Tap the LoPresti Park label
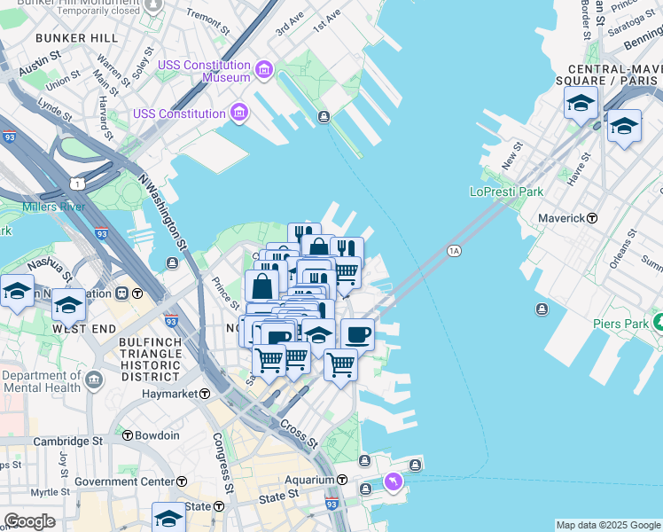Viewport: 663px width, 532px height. pos(506,192)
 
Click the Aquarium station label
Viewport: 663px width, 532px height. pos(309,480)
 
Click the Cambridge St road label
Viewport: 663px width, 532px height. pos(67,441)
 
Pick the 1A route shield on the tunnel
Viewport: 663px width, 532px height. pos(455,252)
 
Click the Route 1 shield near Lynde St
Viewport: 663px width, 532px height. pos(78,183)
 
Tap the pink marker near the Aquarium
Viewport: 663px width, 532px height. pos(393,481)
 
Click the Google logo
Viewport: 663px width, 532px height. pos(29,521)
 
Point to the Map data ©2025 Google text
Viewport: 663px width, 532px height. pos(608,525)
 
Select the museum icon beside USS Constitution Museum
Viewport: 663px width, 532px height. pos(263,69)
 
